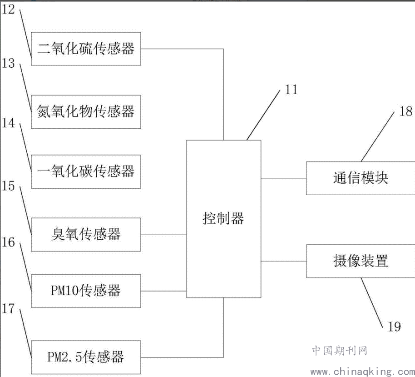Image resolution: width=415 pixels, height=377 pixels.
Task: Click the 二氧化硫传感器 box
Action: (86, 49)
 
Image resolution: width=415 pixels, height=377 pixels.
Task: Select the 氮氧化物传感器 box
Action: (86, 112)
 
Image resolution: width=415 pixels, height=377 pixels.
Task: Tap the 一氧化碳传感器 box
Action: (86, 172)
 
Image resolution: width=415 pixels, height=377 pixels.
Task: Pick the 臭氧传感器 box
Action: (86, 235)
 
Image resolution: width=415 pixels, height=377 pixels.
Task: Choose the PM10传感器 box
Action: (86, 291)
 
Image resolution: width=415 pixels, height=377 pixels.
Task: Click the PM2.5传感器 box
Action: (86, 357)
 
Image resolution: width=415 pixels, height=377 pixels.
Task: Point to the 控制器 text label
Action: (223, 218)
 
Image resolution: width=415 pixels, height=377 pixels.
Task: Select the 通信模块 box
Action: (361, 178)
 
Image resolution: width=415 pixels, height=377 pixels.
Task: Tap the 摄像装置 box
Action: (361, 261)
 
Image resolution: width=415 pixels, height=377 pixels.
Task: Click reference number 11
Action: (291, 90)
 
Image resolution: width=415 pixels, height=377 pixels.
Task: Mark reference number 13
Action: (8, 63)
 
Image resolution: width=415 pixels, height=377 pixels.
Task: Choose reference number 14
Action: (8, 123)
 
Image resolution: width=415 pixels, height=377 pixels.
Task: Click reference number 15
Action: (8, 186)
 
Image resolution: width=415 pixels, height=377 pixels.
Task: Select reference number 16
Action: (8, 242)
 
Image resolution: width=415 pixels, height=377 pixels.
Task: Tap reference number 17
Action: (8, 309)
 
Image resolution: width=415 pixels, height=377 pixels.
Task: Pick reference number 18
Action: (406, 111)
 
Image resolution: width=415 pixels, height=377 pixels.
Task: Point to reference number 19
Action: (395, 327)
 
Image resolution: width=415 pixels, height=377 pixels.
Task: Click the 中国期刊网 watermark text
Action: (340, 351)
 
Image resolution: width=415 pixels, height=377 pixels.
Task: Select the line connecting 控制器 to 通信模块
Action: (284, 178)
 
